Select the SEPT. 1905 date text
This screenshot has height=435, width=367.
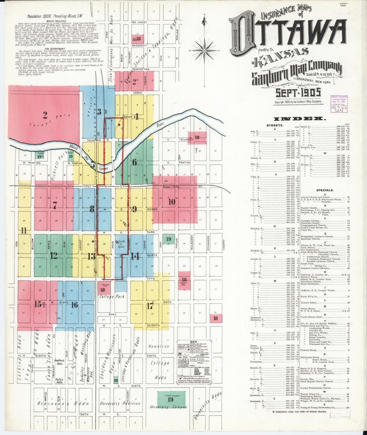click(298, 93)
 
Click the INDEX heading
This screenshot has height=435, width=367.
click(299, 119)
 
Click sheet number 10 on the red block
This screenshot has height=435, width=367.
click(172, 202)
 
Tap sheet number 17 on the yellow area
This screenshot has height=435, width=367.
click(150, 306)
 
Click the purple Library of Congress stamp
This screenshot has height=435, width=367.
click(339, 104)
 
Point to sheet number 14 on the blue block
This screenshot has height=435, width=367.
click(135, 256)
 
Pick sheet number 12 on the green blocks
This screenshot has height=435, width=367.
click(54, 256)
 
